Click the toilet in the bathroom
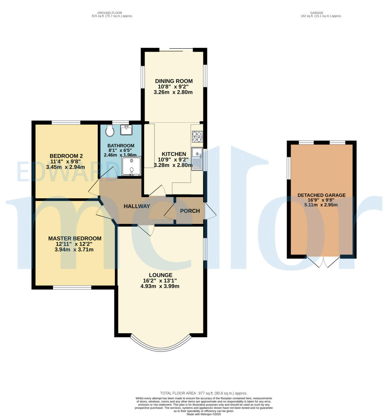click(109, 131)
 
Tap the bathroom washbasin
click(126, 130)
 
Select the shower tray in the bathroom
click(131, 167)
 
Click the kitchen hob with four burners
click(197, 136)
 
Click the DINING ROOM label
click(173, 81)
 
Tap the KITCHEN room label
click(174, 154)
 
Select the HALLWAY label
click(137, 206)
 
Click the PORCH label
click(190, 211)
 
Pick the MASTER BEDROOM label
click(75, 238)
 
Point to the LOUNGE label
click(160, 275)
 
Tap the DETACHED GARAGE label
click(321, 195)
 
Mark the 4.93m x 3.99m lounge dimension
click(160, 286)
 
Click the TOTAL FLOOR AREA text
click(203, 393)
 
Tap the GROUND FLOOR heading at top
click(112, 13)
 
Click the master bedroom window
click(72, 288)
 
